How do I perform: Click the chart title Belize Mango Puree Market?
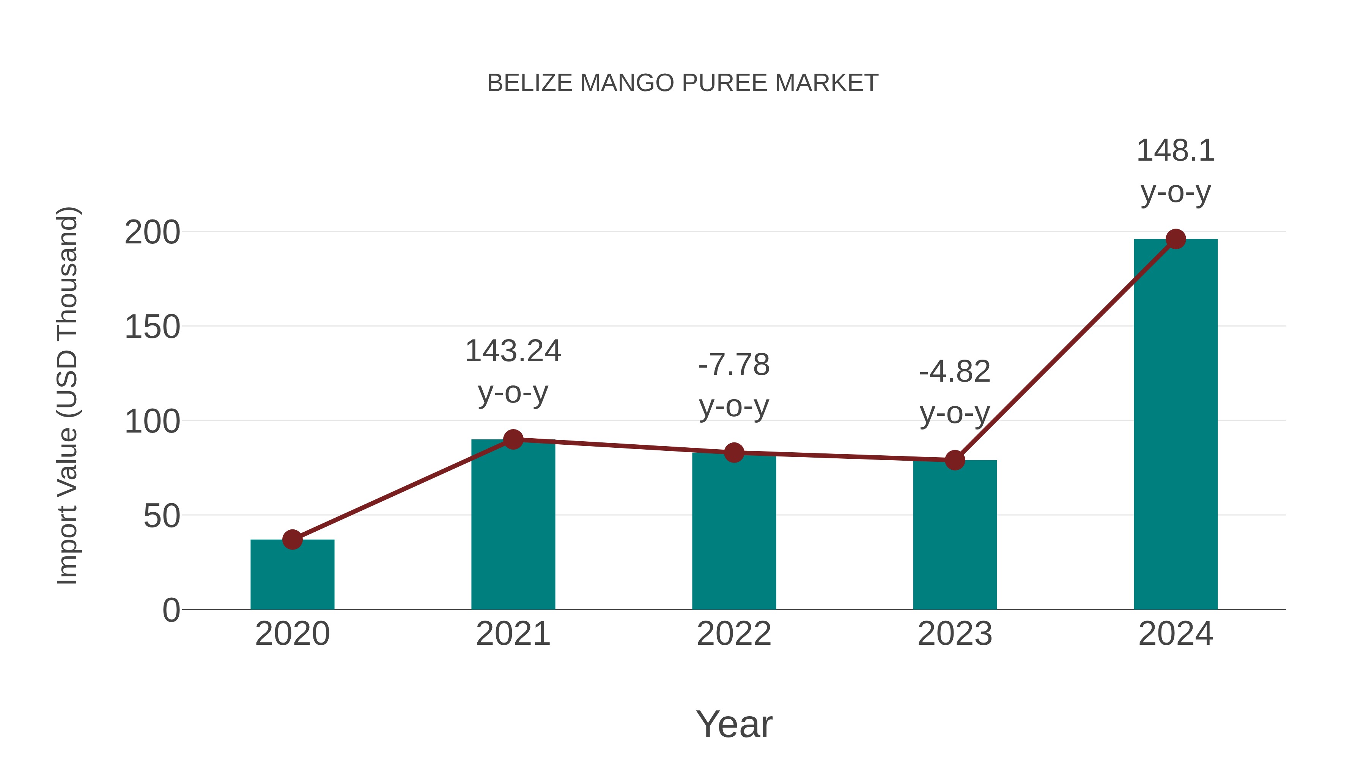tap(683, 83)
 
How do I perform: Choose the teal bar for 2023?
tap(955, 536)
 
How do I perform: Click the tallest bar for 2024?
tap(1176, 425)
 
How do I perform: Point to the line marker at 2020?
tap(292, 540)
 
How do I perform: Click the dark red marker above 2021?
tap(513, 439)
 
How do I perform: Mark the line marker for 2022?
tap(734, 453)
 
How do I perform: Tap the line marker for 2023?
tap(955, 460)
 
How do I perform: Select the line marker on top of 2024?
tap(1176, 239)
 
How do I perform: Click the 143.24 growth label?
tap(513, 351)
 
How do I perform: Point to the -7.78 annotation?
tap(734, 365)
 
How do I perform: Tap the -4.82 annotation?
tap(955, 371)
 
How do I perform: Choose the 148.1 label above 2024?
tap(1176, 151)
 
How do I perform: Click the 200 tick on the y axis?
tap(152, 232)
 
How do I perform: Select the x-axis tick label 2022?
tap(734, 634)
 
